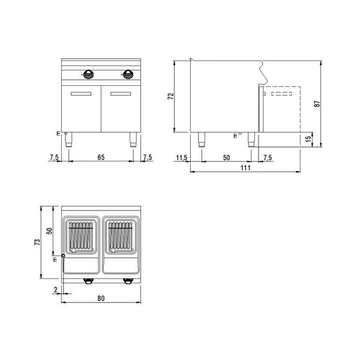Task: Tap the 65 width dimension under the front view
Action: pyautogui.click(x=101, y=157)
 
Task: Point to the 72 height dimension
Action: pyautogui.click(x=170, y=95)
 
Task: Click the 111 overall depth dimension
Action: pyautogui.click(x=245, y=169)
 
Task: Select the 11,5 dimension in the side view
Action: pyautogui.click(x=182, y=157)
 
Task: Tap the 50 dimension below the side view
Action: pyautogui.click(x=226, y=157)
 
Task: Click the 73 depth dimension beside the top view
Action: pyautogui.click(x=38, y=243)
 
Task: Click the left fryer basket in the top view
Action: pyautogui.click(x=82, y=235)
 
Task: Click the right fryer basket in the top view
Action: pyautogui.click(x=122, y=235)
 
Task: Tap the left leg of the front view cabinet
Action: pyautogui.click(x=70, y=139)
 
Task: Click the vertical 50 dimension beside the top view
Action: pyautogui.click(x=50, y=230)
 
